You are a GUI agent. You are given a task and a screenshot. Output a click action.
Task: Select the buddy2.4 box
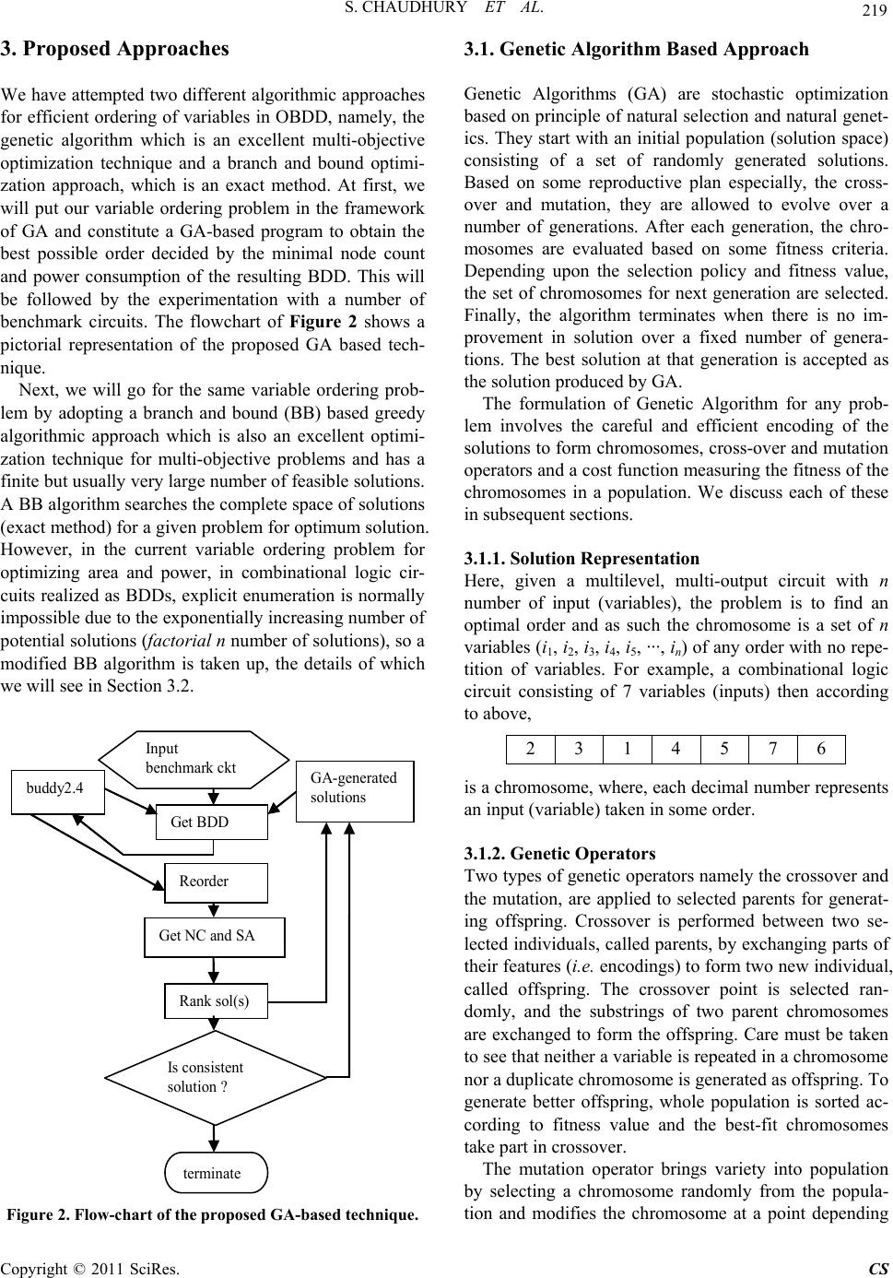tap(58, 788)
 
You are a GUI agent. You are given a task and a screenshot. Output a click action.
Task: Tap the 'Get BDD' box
tap(212, 822)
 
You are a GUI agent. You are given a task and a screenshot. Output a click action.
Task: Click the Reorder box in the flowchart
tap(216, 882)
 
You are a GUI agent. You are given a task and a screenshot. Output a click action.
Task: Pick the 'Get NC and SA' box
tap(215, 937)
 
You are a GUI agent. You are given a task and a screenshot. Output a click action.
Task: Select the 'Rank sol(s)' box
tap(216, 1000)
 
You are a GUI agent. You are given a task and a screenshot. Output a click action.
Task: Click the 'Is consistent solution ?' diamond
tap(215, 1076)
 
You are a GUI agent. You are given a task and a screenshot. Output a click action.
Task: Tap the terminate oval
tap(216, 1173)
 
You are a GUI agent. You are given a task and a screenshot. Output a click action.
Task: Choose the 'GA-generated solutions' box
tap(355, 790)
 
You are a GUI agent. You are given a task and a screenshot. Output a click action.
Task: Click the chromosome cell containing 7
tap(772, 749)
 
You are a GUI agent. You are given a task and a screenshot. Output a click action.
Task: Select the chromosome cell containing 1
tap(628, 749)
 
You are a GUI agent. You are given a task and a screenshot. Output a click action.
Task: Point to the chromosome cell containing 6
tap(820, 749)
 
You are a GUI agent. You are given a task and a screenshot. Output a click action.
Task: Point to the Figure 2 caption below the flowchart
tap(212, 1213)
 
